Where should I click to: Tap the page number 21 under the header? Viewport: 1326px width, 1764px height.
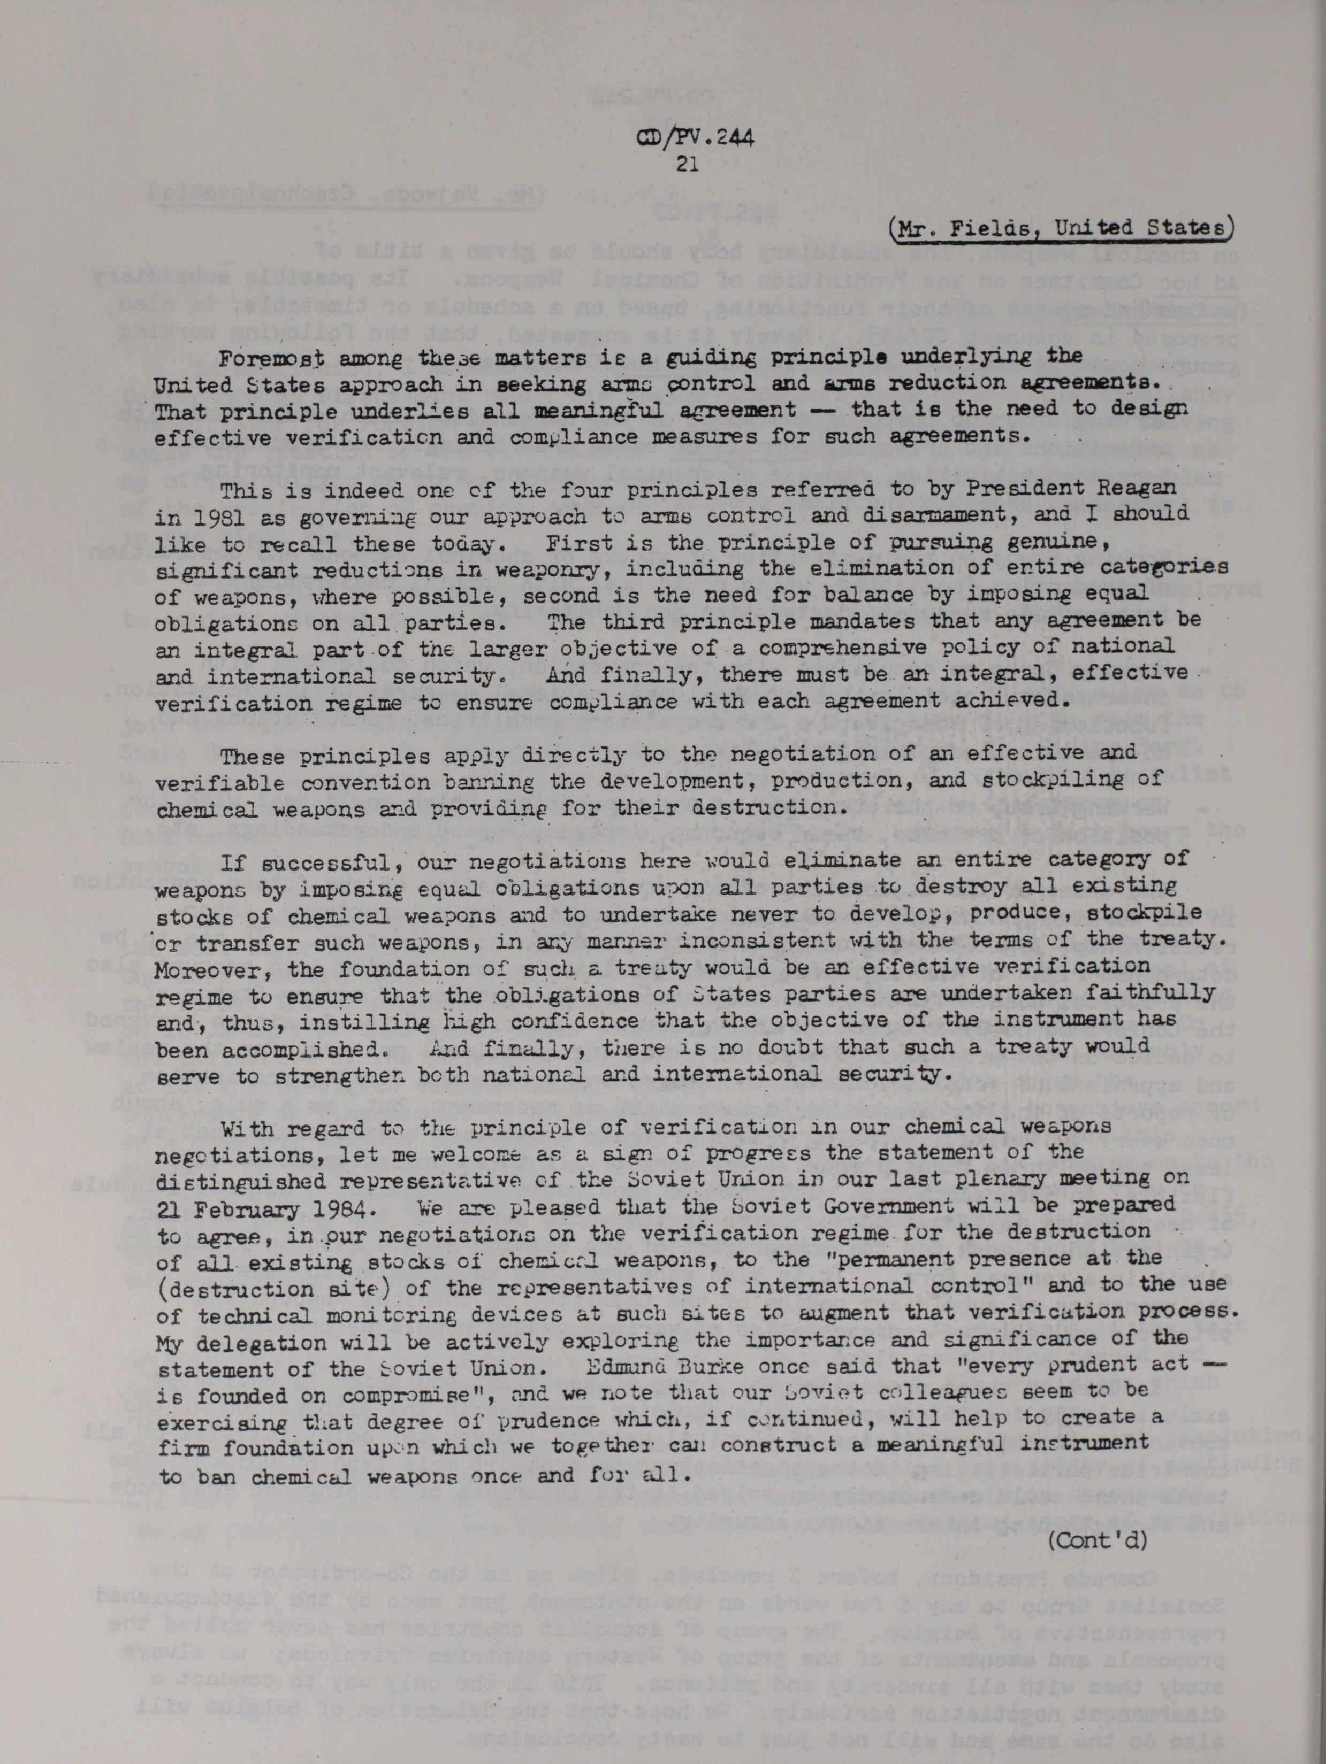click(687, 164)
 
